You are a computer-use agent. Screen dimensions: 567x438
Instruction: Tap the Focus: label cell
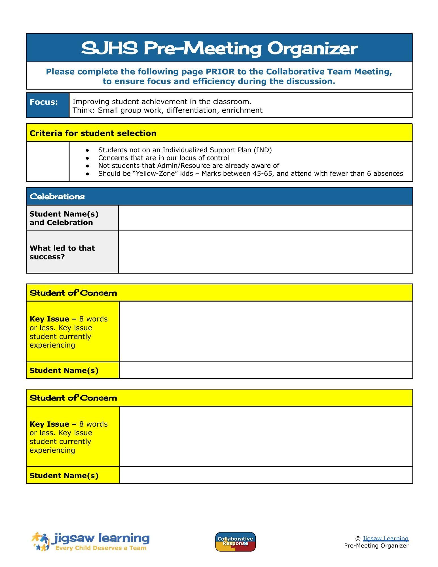[44, 102]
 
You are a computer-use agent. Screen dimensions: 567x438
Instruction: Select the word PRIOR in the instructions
[220, 72]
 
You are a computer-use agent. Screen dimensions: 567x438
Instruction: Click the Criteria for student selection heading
[93, 133]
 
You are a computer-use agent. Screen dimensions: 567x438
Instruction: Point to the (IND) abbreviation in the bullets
[263, 150]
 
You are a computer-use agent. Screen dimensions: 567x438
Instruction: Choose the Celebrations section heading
[57, 196]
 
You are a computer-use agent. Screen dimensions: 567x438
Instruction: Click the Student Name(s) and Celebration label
[64, 218]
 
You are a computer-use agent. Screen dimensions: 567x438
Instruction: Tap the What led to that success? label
[62, 252]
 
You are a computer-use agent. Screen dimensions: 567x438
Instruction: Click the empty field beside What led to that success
[265, 252]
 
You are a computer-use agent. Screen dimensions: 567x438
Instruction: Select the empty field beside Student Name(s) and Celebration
[265, 218]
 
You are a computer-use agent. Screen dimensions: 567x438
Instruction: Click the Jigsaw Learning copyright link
[386, 539]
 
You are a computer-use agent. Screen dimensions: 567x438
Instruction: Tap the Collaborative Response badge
[235, 542]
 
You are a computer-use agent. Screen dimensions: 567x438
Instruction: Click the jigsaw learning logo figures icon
[41, 541]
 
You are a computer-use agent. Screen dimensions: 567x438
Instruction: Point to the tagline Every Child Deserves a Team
[101, 548]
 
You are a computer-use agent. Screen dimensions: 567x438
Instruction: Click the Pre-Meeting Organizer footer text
[376, 546]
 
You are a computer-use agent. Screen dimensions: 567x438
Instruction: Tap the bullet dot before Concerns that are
[87, 158]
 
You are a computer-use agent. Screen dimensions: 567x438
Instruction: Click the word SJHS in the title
[109, 48]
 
